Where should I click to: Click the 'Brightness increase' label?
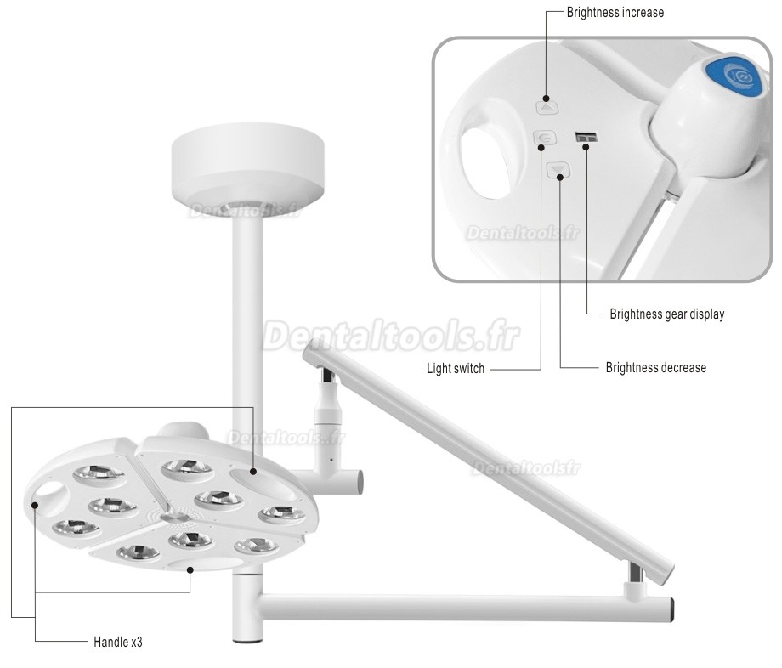point(615,13)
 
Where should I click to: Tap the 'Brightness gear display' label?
point(666,314)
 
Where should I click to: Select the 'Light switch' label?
point(456,369)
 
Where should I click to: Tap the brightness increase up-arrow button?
point(547,106)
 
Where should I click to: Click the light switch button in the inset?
point(543,138)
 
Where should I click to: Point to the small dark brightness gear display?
point(585,137)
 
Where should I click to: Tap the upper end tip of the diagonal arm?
point(312,348)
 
